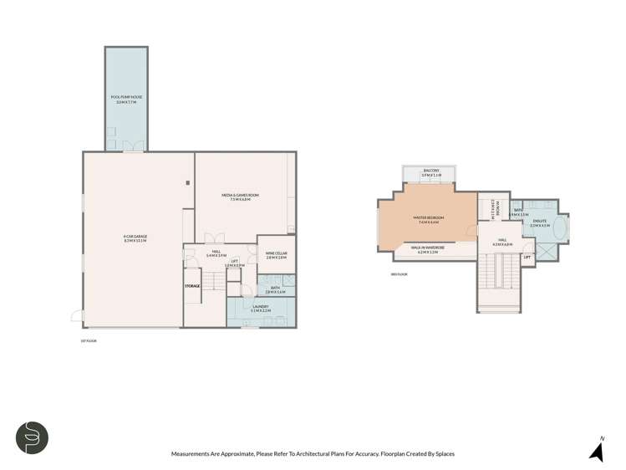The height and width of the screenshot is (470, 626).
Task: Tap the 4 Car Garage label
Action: (x=135, y=239)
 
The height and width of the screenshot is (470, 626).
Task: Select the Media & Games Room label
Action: (x=241, y=197)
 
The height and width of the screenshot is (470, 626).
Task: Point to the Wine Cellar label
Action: (x=277, y=255)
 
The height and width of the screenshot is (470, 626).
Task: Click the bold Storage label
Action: (x=192, y=286)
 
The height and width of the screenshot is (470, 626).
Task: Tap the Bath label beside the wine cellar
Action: (x=275, y=289)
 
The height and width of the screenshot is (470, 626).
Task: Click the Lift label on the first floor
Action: (x=236, y=263)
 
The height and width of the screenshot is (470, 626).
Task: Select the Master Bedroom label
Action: (x=428, y=220)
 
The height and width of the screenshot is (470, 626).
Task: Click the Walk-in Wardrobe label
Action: (x=428, y=248)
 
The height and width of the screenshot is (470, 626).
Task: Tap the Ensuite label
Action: (x=539, y=223)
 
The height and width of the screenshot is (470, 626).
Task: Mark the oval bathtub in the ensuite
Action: (x=560, y=225)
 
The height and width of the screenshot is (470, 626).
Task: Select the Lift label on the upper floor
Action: (x=527, y=258)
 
